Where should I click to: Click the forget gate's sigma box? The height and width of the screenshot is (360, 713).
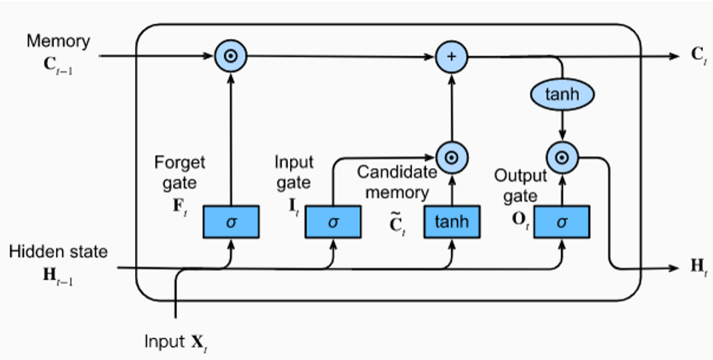point(231,222)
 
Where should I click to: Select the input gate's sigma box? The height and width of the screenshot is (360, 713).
point(333,222)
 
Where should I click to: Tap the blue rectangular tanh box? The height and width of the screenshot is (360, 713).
point(452,222)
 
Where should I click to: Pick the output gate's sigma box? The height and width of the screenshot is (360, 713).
point(562,222)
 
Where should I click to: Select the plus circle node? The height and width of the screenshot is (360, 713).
point(451,56)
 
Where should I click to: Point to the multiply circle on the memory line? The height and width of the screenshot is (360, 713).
point(230,56)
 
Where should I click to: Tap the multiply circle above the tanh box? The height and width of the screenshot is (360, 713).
point(451,156)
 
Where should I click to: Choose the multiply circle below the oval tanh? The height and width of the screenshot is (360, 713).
point(561,156)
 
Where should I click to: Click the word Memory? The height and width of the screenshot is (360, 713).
point(58,41)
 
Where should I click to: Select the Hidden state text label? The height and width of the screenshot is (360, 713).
point(58,252)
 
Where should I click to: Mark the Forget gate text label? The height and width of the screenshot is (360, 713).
point(180,173)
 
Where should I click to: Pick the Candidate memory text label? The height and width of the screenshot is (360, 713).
point(397,183)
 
